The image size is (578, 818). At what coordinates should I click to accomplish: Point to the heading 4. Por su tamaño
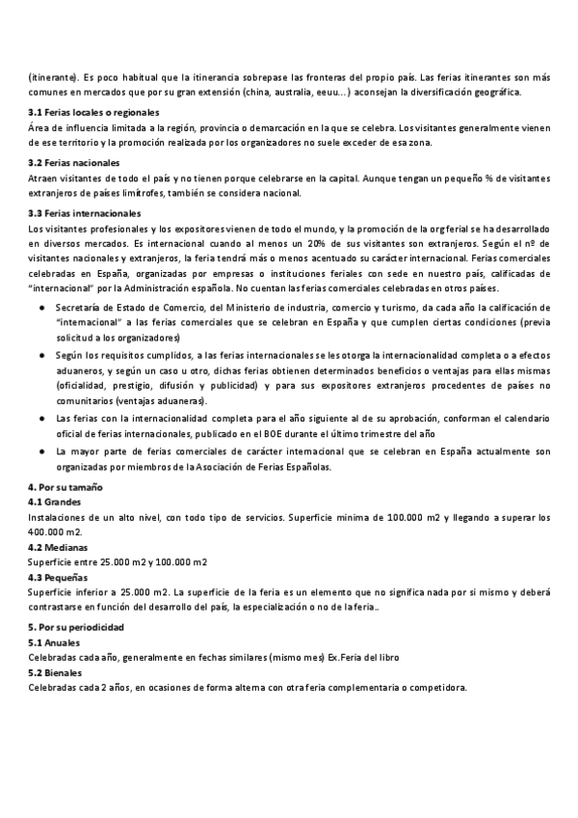click(x=66, y=487)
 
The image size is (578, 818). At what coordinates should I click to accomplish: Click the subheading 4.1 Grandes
click(x=55, y=503)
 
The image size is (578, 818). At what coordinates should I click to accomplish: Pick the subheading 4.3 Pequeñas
click(x=57, y=578)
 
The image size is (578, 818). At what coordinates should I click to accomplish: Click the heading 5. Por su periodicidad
click(x=78, y=627)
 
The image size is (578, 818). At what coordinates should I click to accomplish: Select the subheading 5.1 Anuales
click(x=54, y=641)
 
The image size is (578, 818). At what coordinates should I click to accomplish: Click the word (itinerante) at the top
click(x=54, y=76)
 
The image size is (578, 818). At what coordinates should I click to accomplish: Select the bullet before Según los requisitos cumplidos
click(x=42, y=355)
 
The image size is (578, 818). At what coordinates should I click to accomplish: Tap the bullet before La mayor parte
click(x=42, y=450)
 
